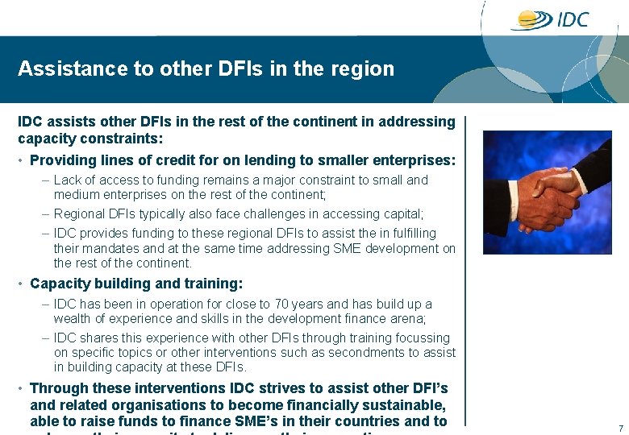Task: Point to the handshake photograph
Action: coord(546,193)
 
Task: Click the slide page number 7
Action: coord(620,427)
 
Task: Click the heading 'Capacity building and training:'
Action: coord(136,284)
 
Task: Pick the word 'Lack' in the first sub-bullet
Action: coord(68,180)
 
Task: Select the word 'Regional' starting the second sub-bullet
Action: coord(79,214)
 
